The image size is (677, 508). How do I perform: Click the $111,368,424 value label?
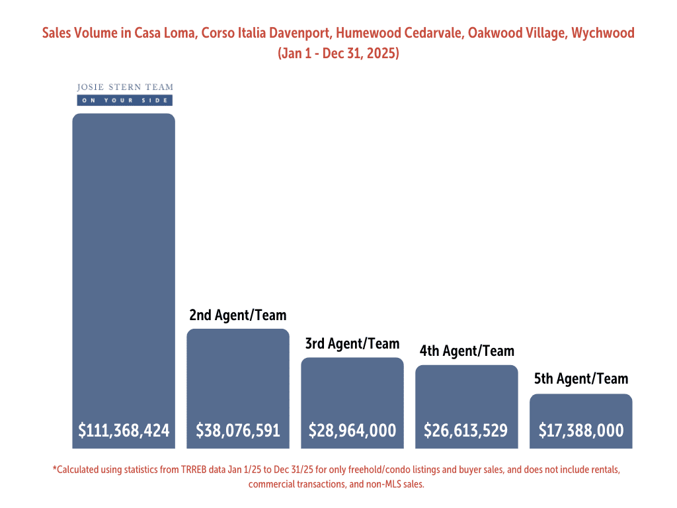pos(124,431)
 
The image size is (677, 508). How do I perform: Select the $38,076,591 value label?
pos(238,431)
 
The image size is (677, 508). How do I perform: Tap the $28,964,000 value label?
pos(352,431)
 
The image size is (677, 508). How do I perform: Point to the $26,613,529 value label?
pos(466,431)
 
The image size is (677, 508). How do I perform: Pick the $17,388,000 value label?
pos(581,431)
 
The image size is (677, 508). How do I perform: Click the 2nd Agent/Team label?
pos(238,315)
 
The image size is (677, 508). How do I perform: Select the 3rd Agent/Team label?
pos(352,344)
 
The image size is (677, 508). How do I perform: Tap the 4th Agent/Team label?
pos(467,351)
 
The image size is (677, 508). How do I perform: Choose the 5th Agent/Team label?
pos(581,379)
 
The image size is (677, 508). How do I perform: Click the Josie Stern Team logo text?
pos(125,87)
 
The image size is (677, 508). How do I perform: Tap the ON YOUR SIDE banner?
pos(125,101)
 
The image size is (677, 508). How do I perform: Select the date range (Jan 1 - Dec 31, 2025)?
pos(338,54)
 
